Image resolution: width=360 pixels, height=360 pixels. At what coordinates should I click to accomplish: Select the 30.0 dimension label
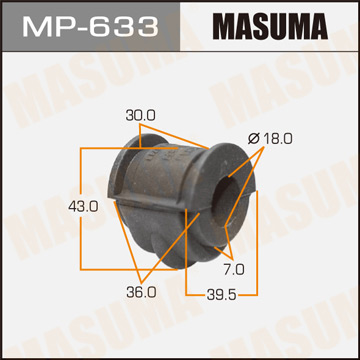141,115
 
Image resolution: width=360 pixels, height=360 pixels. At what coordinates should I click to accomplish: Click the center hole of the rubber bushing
227,195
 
